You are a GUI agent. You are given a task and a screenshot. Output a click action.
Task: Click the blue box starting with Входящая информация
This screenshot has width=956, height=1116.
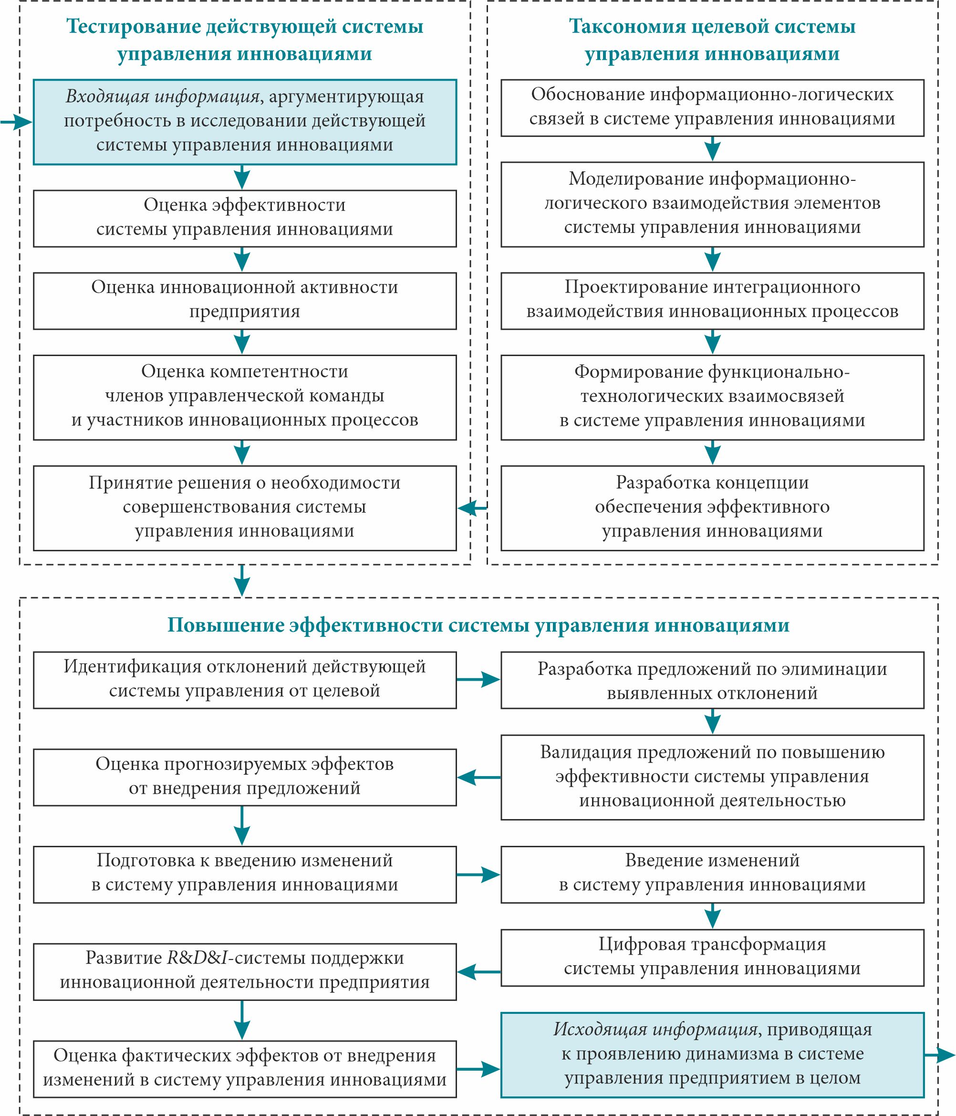point(244,122)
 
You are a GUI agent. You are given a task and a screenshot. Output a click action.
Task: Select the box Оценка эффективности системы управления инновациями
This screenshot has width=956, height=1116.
point(244,218)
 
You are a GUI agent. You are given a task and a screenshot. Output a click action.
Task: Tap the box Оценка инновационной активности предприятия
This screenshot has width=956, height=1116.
point(244,301)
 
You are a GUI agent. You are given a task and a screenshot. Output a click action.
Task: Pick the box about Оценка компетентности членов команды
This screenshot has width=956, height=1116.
point(244,397)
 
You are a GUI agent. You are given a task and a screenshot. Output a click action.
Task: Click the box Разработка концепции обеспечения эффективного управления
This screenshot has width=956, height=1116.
point(712,508)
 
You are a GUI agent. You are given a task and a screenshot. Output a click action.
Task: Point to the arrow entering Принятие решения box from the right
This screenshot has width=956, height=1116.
point(472,507)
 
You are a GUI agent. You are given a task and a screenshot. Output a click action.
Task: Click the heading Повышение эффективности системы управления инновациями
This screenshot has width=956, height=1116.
point(478,625)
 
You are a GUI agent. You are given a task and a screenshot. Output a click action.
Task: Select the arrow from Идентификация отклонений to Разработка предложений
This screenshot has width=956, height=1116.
point(478,680)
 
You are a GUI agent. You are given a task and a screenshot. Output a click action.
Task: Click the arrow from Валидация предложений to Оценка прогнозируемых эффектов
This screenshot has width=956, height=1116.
point(478,777)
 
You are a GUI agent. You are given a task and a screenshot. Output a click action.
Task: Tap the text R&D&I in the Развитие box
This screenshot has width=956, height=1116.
point(197,958)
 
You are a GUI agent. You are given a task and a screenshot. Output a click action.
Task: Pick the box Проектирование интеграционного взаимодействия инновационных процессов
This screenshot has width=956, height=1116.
point(712,301)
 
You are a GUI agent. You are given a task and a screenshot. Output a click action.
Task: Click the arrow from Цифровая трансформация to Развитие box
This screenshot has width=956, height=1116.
point(478,972)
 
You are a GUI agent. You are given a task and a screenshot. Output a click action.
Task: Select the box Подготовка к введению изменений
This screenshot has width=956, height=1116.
point(244,874)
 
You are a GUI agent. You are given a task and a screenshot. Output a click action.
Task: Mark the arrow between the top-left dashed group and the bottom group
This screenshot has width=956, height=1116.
point(242,580)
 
